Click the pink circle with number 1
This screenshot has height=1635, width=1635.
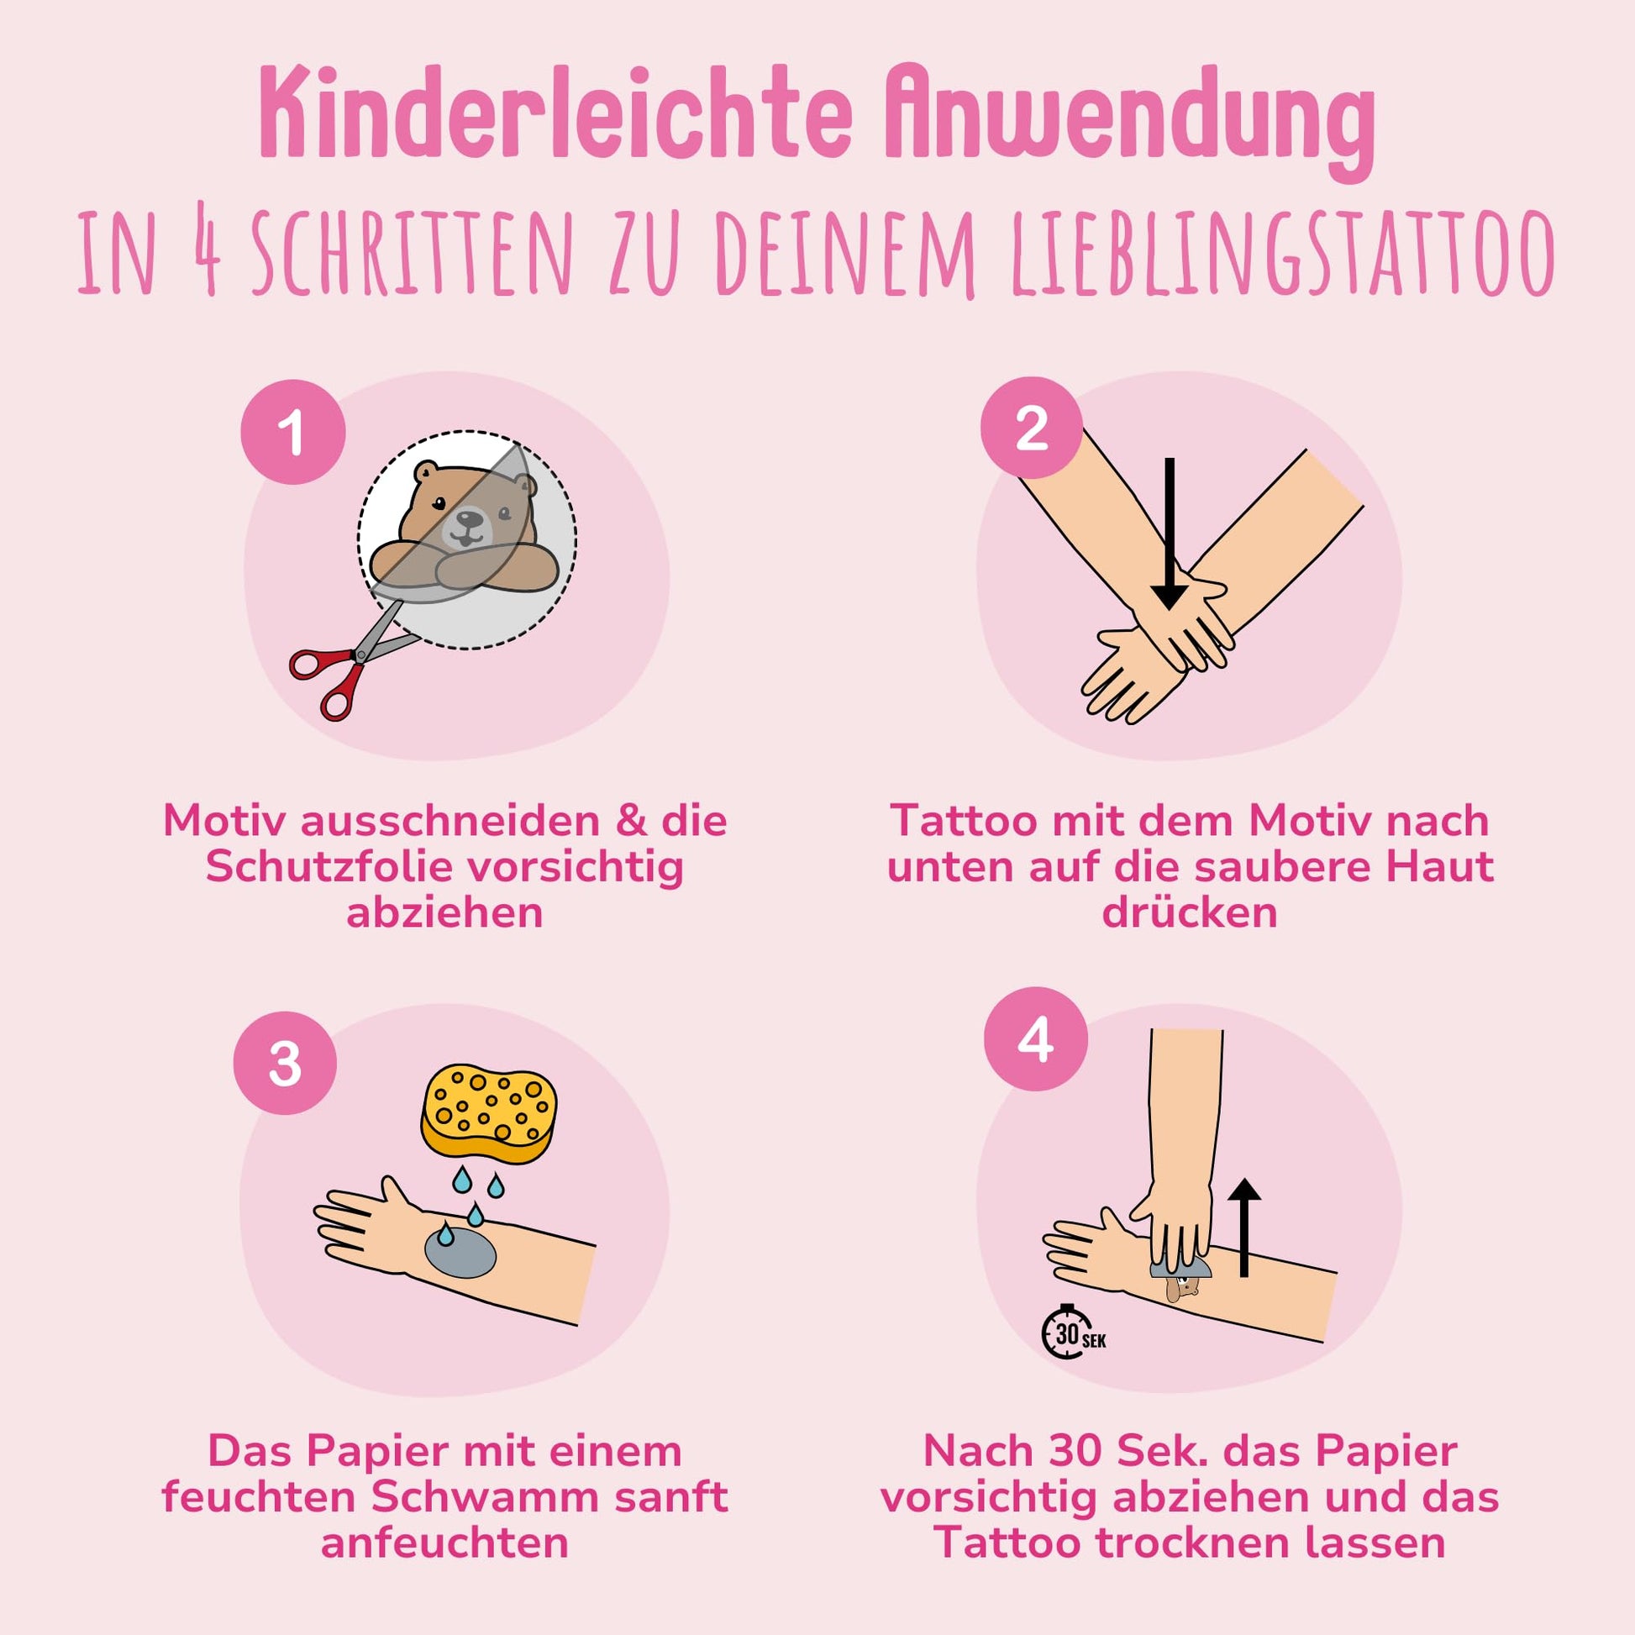pyautogui.click(x=293, y=433)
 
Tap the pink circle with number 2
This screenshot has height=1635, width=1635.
pyautogui.click(x=1032, y=429)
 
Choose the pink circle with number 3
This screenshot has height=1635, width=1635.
pyautogui.click(x=285, y=1064)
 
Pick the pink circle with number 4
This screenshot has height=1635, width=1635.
pyautogui.click(x=1036, y=1039)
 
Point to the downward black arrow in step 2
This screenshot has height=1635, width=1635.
pyautogui.click(x=1170, y=534)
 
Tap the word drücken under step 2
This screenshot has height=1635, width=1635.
pyautogui.click(x=1189, y=913)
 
